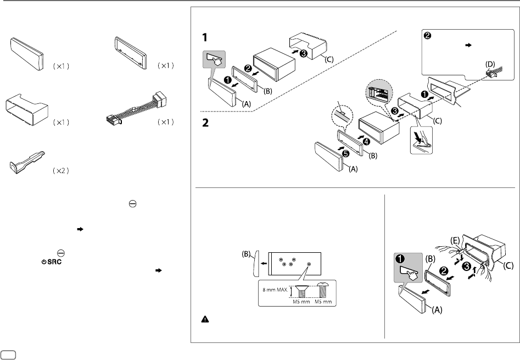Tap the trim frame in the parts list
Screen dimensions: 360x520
(130, 52)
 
